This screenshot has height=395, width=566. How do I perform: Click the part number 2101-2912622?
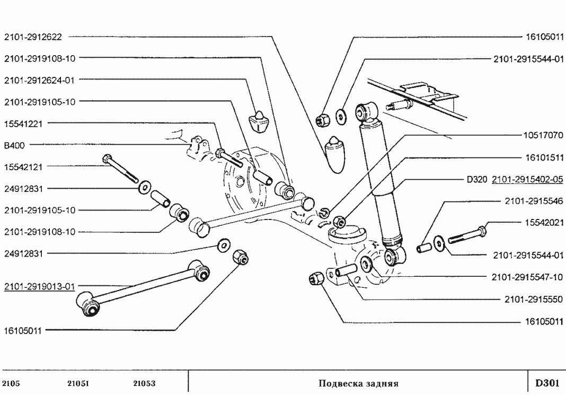coord(33,37)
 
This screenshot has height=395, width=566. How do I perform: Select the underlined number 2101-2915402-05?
coord(527,179)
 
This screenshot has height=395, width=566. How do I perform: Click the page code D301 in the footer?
coord(546,383)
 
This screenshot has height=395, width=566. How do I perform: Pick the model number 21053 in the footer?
coord(144,383)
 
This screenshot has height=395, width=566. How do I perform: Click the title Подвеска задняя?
coord(358,383)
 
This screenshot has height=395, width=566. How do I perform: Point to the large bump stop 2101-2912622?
coord(335,154)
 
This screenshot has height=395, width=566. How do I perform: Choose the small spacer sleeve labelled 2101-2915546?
coord(424,247)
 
